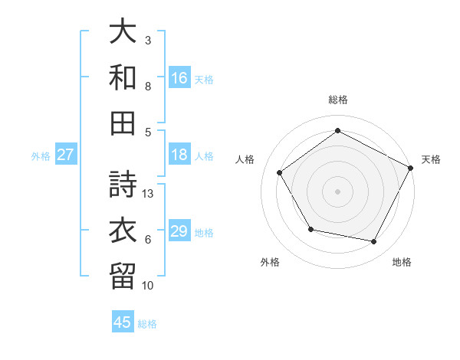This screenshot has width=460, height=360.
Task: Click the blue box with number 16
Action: coord(179,77)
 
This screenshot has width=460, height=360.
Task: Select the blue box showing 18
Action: coord(179,155)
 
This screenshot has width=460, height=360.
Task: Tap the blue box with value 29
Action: coord(179,231)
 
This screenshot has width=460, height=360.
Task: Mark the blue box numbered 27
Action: coord(66,155)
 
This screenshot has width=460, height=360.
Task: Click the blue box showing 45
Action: coord(123,322)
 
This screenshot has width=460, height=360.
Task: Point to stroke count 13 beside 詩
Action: coord(149,194)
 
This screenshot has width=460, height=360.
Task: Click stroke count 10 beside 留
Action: coord(149,286)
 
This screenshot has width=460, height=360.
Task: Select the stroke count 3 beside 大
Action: coord(148,40)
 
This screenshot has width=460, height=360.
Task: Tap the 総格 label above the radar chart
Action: coord(338,100)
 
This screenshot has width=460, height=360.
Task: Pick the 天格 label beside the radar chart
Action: coord(431,159)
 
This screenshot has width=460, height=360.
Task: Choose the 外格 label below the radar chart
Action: coord(270,263)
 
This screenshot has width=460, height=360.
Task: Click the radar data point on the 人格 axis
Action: coord(280,172)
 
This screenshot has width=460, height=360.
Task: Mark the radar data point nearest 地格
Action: coord(374,241)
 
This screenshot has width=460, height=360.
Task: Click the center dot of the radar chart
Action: coord(338,191)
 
